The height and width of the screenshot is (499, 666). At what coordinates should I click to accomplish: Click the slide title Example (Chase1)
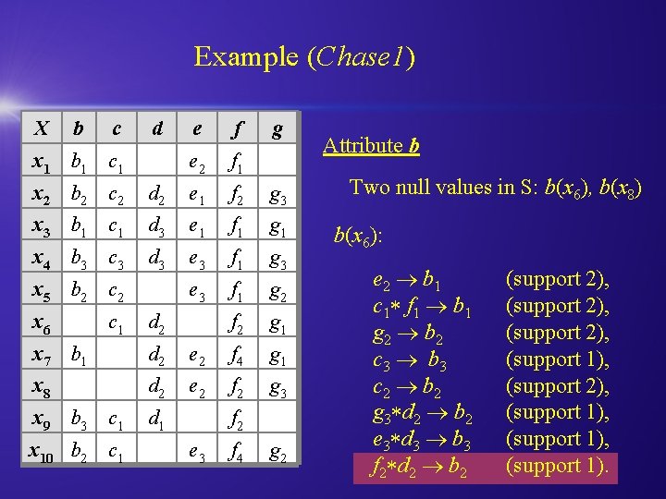pyautogui.click(x=304, y=58)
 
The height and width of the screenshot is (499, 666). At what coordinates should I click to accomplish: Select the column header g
pyautogui.click(x=276, y=129)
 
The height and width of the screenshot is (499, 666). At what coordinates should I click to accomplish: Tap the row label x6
pyautogui.click(x=41, y=324)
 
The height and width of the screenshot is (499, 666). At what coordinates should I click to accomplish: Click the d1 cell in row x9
pyautogui.click(x=157, y=420)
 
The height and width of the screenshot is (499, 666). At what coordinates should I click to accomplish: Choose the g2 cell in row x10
pyautogui.click(x=276, y=454)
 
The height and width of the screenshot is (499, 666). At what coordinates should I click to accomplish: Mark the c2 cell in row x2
pyautogui.click(x=117, y=197)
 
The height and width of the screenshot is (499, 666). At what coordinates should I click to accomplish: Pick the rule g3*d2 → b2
pyautogui.click(x=423, y=412)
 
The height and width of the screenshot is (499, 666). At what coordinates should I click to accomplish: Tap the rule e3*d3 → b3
pyautogui.click(x=423, y=439)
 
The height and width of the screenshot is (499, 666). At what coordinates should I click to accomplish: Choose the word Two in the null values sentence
pyautogui.click(x=369, y=188)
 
